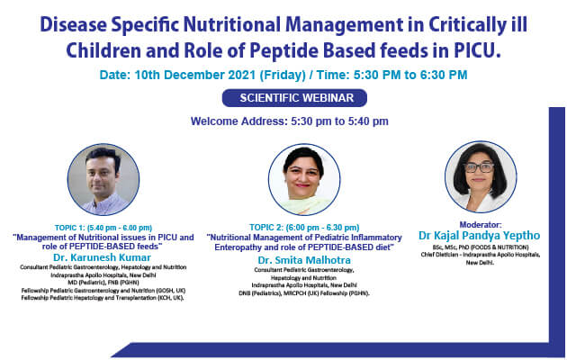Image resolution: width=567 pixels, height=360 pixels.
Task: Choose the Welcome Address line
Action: click(290, 121)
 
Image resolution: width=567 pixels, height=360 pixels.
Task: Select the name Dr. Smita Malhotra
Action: click(291, 256)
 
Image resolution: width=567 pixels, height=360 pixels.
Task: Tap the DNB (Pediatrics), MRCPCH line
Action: click(291, 293)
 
